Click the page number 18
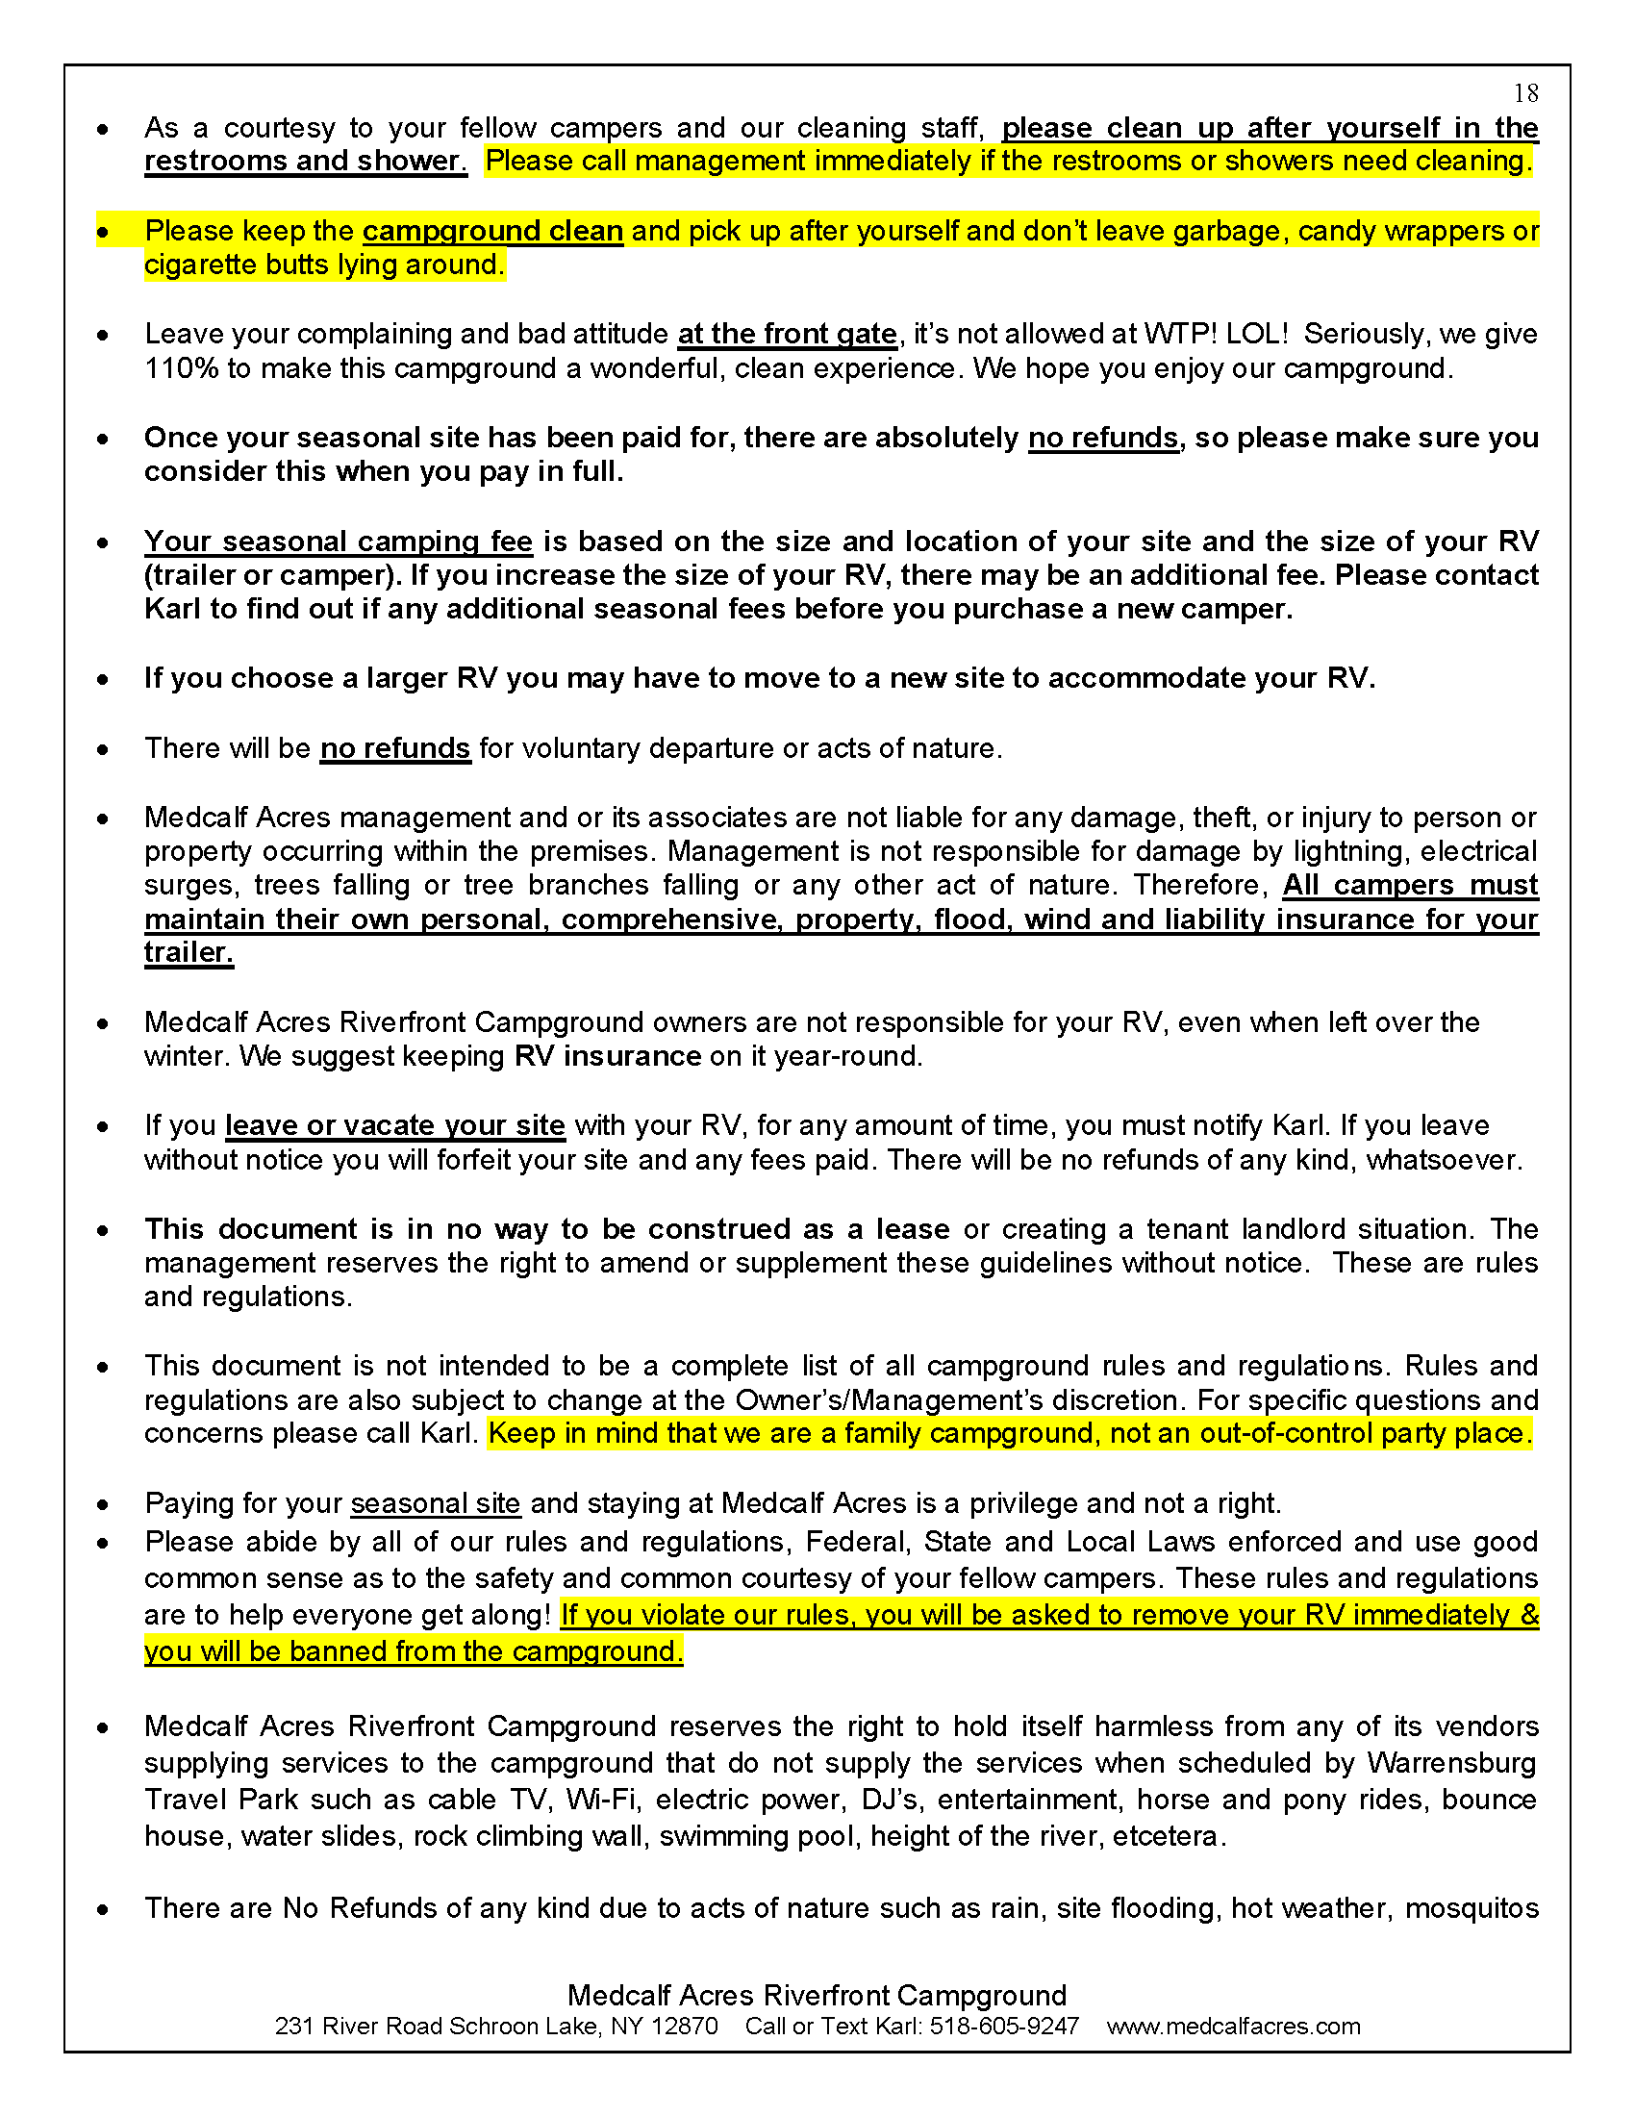[1525, 93]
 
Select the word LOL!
[1257, 335]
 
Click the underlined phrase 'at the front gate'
[787, 335]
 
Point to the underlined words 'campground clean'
[492, 232]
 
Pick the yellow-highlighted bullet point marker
[103, 233]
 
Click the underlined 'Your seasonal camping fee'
[338, 542]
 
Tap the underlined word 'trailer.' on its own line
[189, 952]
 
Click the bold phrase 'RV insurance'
[607, 1056]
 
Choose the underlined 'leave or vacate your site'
[394, 1126]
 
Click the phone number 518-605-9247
[1003, 2026]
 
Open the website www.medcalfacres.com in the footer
[1233, 2026]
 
